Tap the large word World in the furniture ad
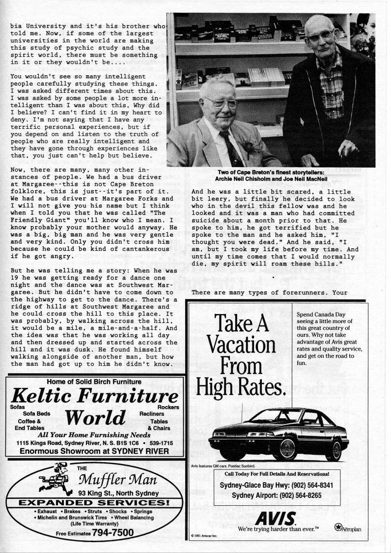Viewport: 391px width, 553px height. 95,418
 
